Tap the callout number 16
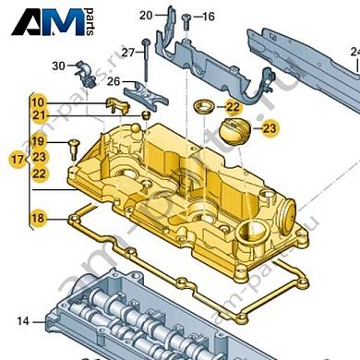click(x=207, y=17)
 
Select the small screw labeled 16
click(x=186, y=18)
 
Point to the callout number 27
click(x=128, y=52)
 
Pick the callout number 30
click(x=58, y=66)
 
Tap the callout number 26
click(x=114, y=81)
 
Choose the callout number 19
click(x=38, y=141)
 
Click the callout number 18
click(x=37, y=218)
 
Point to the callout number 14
click(x=22, y=320)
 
